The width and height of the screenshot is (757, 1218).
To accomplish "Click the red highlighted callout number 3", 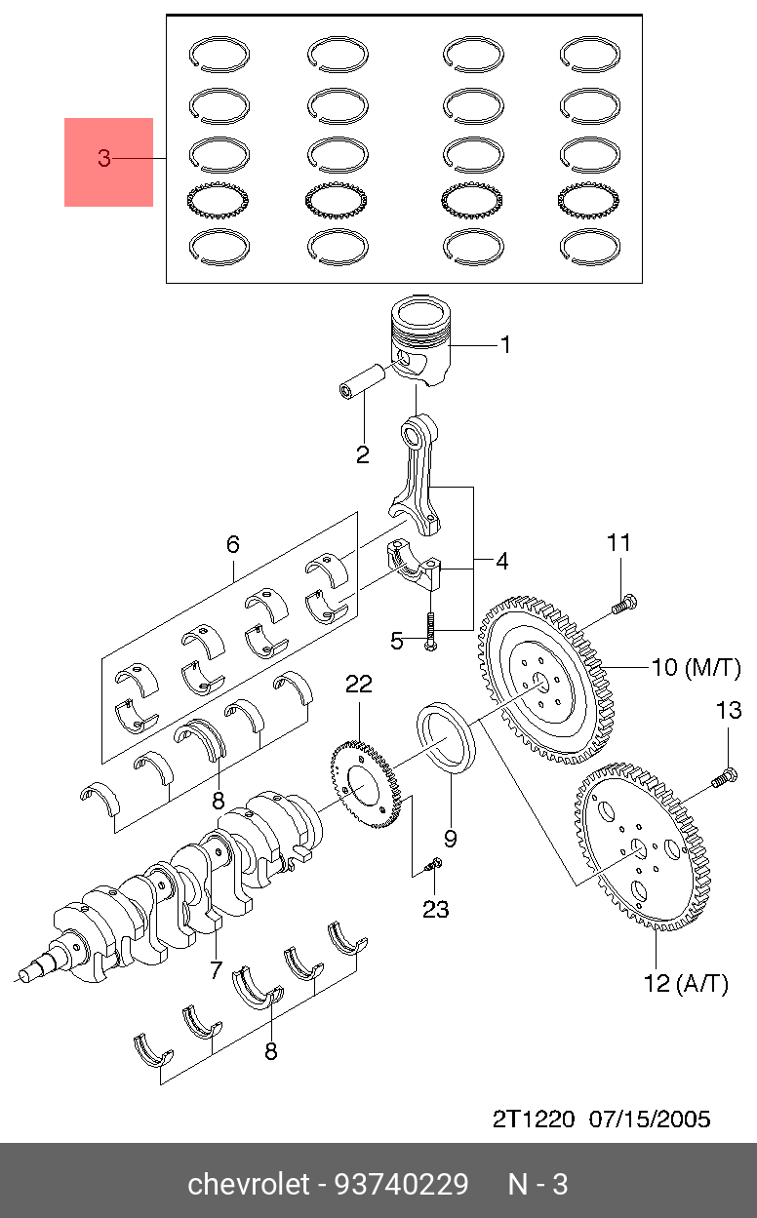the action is [x=103, y=158].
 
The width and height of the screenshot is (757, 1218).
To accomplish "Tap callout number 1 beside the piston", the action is [x=505, y=345].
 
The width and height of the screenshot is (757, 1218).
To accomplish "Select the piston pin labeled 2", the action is [x=362, y=381].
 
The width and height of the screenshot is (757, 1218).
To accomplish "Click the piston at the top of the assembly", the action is [x=421, y=341].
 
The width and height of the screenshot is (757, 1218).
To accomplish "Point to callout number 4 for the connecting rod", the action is [x=501, y=561].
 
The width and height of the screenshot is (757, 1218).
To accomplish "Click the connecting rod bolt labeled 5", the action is [x=430, y=631].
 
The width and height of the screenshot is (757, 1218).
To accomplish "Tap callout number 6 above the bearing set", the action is [x=233, y=544].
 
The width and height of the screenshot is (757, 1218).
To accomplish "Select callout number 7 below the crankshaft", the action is [x=216, y=969].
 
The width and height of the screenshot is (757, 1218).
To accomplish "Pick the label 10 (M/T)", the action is [x=697, y=667].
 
